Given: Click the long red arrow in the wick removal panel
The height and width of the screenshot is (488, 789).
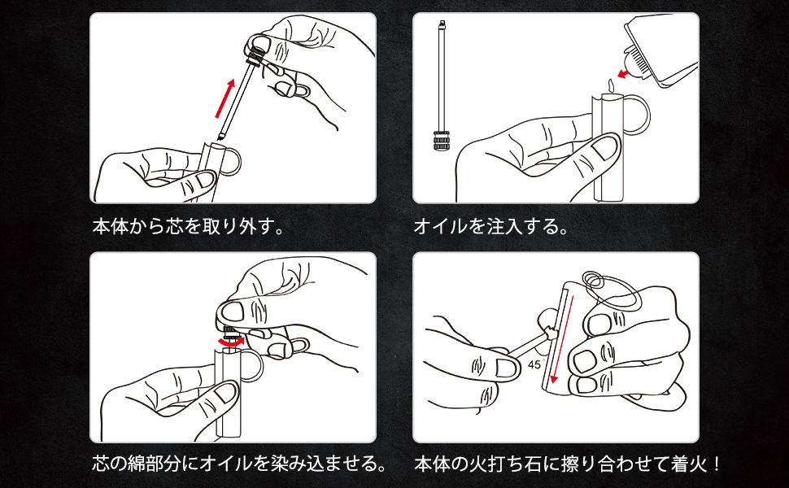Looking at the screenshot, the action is click(225, 98).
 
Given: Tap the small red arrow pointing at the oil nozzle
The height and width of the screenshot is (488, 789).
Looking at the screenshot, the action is click(623, 75).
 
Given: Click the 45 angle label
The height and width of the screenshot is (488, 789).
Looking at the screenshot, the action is click(535, 364).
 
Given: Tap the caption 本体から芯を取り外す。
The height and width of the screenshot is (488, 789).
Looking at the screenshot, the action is click(189, 226).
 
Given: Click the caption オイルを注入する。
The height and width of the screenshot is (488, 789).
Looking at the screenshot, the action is click(491, 226).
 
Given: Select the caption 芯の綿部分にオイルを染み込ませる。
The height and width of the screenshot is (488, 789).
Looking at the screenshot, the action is click(239, 463).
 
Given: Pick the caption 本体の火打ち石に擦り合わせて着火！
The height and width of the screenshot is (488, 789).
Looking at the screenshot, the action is click(568, 463).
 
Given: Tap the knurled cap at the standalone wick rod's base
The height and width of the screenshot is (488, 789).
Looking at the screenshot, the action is click(442, 141).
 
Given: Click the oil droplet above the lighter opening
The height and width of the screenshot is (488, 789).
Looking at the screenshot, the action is click(612, 84).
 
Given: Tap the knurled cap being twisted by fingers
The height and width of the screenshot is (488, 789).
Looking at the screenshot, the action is click(231, 333).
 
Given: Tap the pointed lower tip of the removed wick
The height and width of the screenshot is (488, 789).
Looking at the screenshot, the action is click(220, 137).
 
